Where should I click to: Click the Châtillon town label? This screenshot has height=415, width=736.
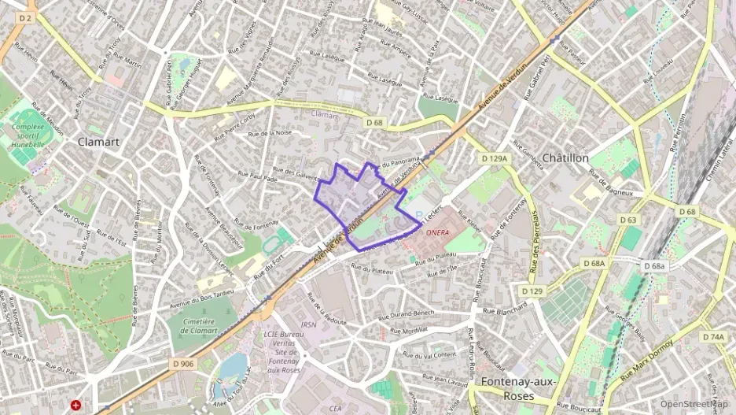565,158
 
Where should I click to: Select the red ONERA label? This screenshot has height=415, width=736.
436,233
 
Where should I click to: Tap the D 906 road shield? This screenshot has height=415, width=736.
182,364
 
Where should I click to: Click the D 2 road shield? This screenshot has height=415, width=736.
25,17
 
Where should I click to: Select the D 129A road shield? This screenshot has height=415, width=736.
496,158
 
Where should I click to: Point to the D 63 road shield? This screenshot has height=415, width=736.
627,220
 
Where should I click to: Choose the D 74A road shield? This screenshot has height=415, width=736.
715,337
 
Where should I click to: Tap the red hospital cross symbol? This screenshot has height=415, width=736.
75,405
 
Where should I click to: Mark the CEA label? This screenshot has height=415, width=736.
336,408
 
